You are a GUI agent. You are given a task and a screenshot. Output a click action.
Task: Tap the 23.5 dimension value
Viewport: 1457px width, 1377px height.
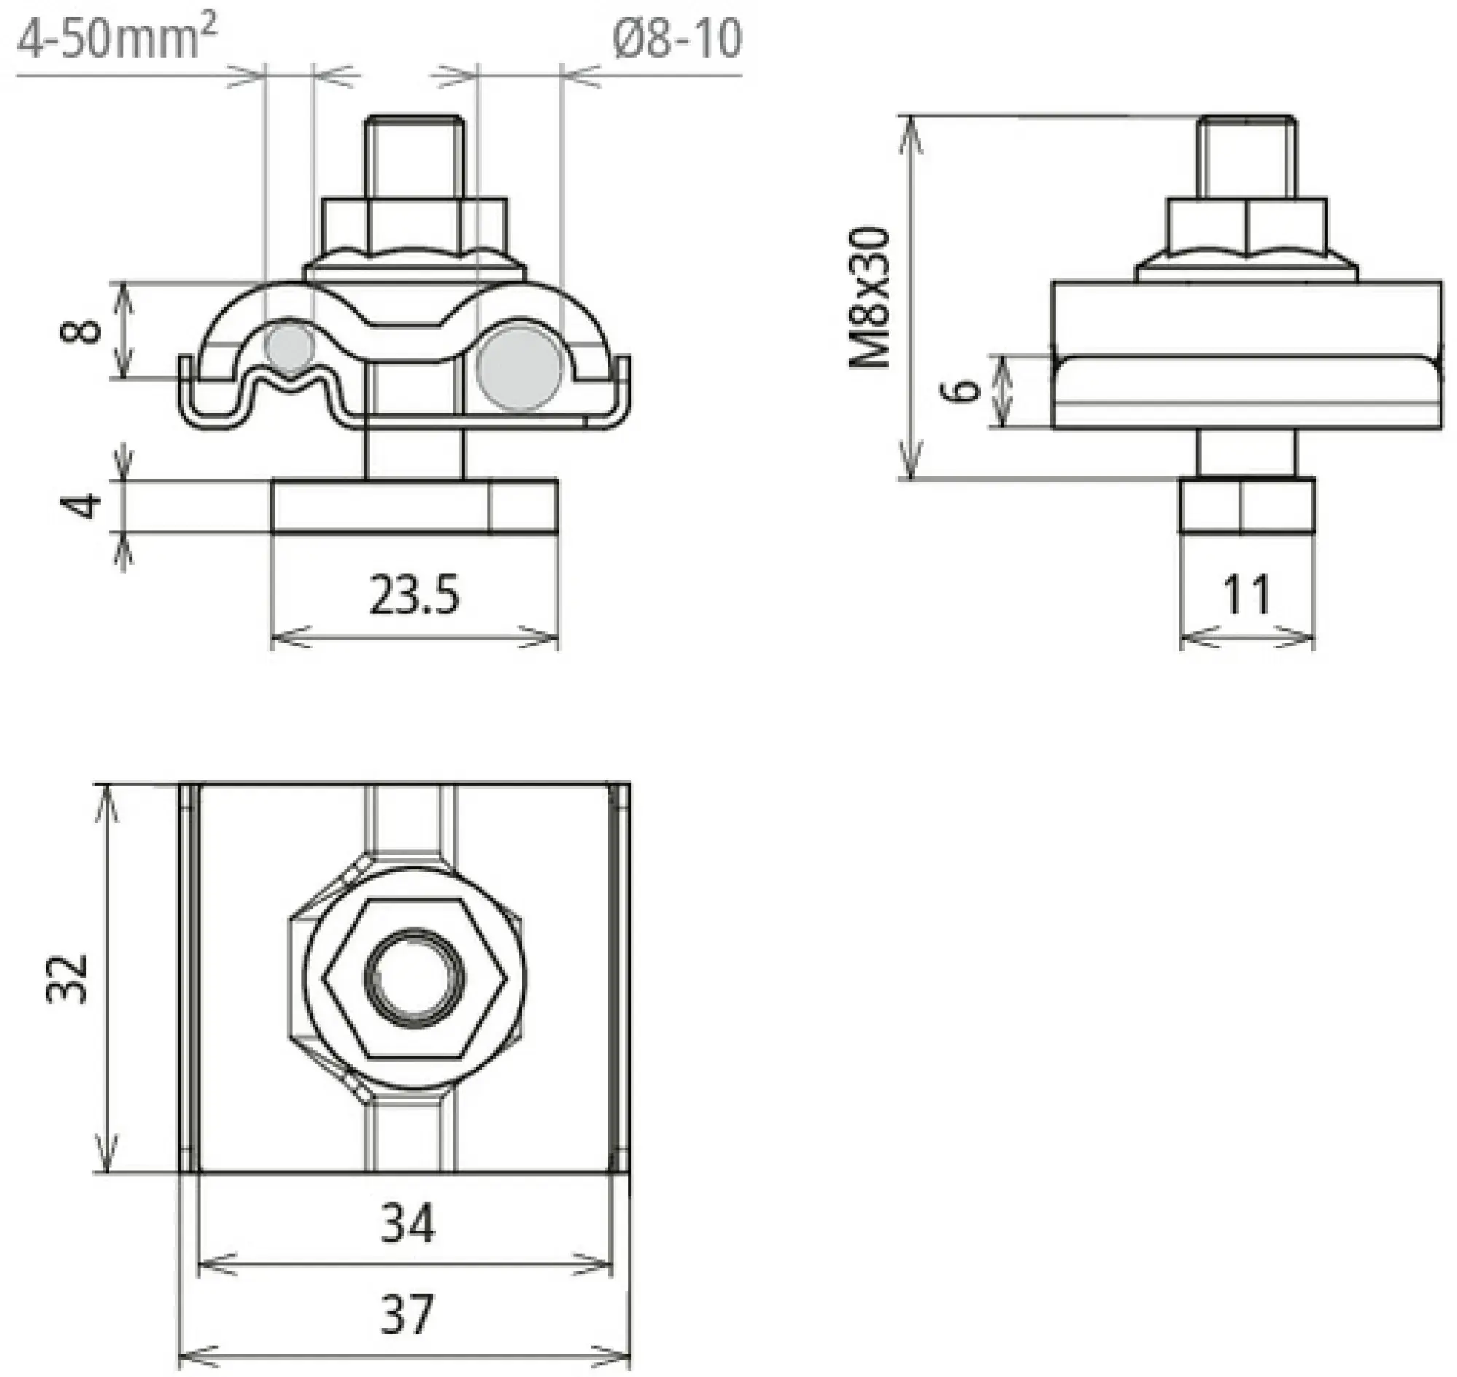tap(414, 595)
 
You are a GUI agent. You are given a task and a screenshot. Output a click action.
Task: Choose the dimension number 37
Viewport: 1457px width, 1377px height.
tap(408, 1314)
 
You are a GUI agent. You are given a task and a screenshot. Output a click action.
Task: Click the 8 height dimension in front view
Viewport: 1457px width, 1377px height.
tap(80, 329)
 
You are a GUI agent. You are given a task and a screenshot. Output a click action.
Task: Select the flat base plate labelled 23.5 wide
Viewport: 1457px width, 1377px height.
tap(415, 506)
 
